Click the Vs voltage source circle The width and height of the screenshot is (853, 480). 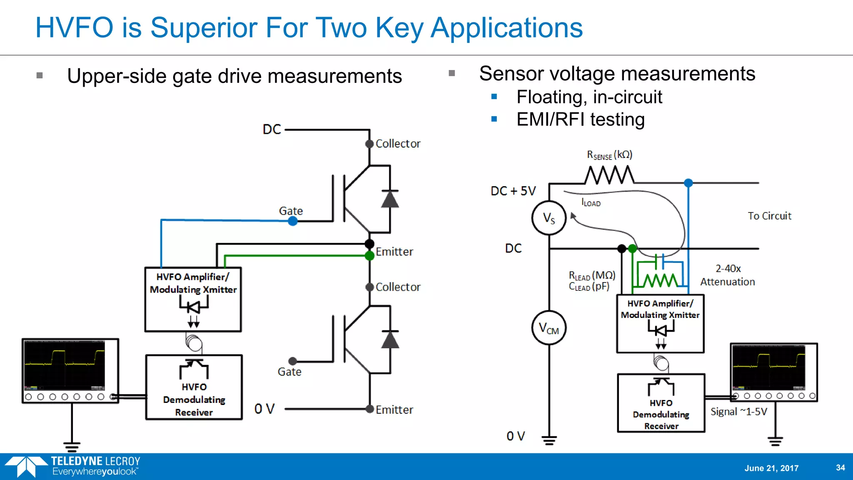[549, 218]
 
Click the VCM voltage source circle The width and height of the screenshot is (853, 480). [549, 328]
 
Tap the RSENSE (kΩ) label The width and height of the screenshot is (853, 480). [609, 155]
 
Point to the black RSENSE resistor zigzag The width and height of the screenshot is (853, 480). [609, 175]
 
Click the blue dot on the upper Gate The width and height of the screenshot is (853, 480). [293, 221]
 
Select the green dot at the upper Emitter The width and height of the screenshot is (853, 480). [369, 255]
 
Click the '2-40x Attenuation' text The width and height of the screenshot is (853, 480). [728, 275]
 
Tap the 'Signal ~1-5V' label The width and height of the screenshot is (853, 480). [738, 412]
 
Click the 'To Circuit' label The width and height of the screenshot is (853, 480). [769, 216]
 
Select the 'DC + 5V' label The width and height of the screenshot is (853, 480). [513, 191]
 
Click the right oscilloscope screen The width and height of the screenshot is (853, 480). [768, 366]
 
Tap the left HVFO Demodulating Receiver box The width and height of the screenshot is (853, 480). [194, 387]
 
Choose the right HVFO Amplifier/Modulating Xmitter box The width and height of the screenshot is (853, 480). [660, 323]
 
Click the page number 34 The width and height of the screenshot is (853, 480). [840, 467]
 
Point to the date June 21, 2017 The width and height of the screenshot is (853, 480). [771, 468]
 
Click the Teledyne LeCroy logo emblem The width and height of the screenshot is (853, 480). [26, 466]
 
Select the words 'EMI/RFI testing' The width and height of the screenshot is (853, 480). [580, 120]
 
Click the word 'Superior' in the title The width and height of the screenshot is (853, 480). [204, 28]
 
